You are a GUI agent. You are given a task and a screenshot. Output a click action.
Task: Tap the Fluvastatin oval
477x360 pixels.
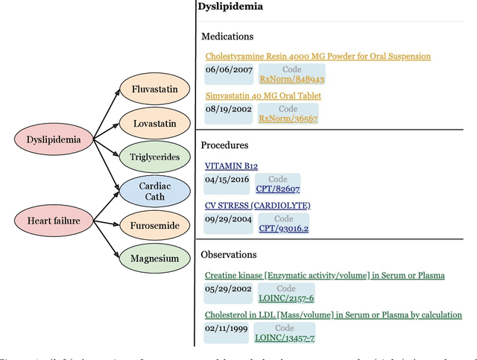tap(154, 89)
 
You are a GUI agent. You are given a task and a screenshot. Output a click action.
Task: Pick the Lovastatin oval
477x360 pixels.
tap(154, 123)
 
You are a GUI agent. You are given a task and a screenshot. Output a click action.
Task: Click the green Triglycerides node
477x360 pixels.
tap(154, 156)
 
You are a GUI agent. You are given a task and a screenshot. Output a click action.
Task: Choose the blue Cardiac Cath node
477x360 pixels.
tap(154, 191)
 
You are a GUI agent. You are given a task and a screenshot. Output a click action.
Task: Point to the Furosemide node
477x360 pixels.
tap(154, 224)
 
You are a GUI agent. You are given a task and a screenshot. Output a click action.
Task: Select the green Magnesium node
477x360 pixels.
tap(154, 259)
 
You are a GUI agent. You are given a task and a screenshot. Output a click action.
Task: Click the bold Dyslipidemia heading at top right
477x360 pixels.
tap(230, 7)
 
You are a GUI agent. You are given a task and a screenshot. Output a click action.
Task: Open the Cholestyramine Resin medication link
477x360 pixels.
tap(318, 56)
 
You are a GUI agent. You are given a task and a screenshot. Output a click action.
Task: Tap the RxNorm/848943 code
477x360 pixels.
tap(291, 78)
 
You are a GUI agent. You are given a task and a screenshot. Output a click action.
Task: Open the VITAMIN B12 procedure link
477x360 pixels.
tap(231, 165)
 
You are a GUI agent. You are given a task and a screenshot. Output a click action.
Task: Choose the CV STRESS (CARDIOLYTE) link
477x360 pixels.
tap(257, 205)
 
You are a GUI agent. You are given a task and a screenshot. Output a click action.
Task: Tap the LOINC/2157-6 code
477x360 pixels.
tap(285, 298)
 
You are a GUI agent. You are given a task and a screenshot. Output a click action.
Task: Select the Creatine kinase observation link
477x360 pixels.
tap(324, 275)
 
